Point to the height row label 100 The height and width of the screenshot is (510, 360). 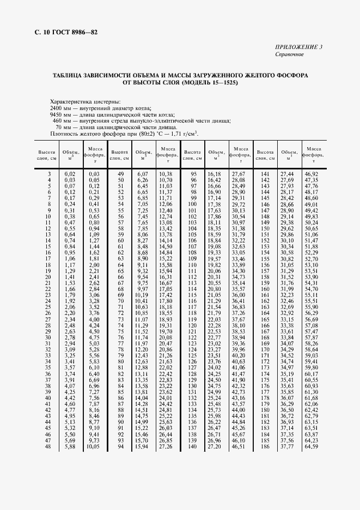192,204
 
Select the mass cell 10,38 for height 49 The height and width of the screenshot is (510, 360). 166,173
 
